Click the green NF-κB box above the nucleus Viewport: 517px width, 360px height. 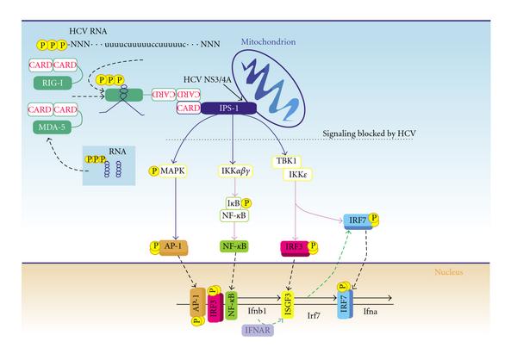click(x=234, y=246)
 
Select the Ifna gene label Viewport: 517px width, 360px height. click(x=371, y=311)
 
